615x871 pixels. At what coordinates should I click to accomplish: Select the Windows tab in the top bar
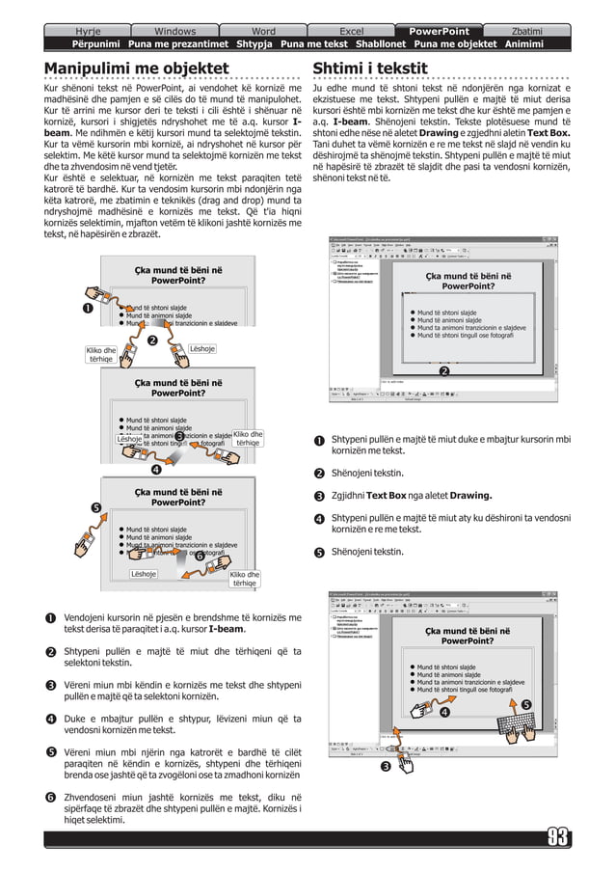point(174,31)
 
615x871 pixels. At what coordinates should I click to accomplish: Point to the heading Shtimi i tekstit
point(370,68)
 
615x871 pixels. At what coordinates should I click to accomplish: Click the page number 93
point(558,836)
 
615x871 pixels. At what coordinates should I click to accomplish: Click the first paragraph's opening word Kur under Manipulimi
point(52,88)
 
